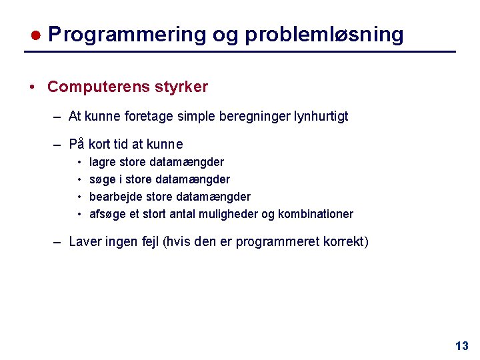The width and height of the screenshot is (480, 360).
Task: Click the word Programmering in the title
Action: tap(127, 35)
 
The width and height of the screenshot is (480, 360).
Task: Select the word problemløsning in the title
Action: tap(324, 35)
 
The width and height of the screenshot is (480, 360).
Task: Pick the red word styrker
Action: tap(181, 87)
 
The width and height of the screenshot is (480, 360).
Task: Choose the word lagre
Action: tap(103, 162)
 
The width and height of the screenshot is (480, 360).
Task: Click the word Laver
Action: tap(85, 241)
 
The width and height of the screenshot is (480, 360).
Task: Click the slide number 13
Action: tap(461, 346)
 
